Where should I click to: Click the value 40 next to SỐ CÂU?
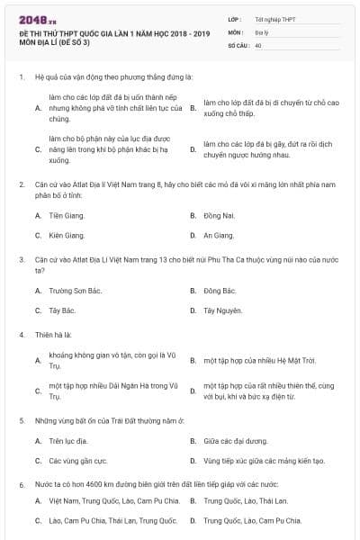point(258,43)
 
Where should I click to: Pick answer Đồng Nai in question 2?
point(219,216)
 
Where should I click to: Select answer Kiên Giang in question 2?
point(67,235)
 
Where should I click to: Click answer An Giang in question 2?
point(218,235)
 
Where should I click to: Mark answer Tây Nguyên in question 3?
point(223,310)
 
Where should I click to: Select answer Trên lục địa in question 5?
point(68,441)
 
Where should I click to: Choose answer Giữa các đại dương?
point(236,441)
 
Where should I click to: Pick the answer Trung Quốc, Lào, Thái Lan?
point(245,500)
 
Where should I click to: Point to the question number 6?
point(21,484)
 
